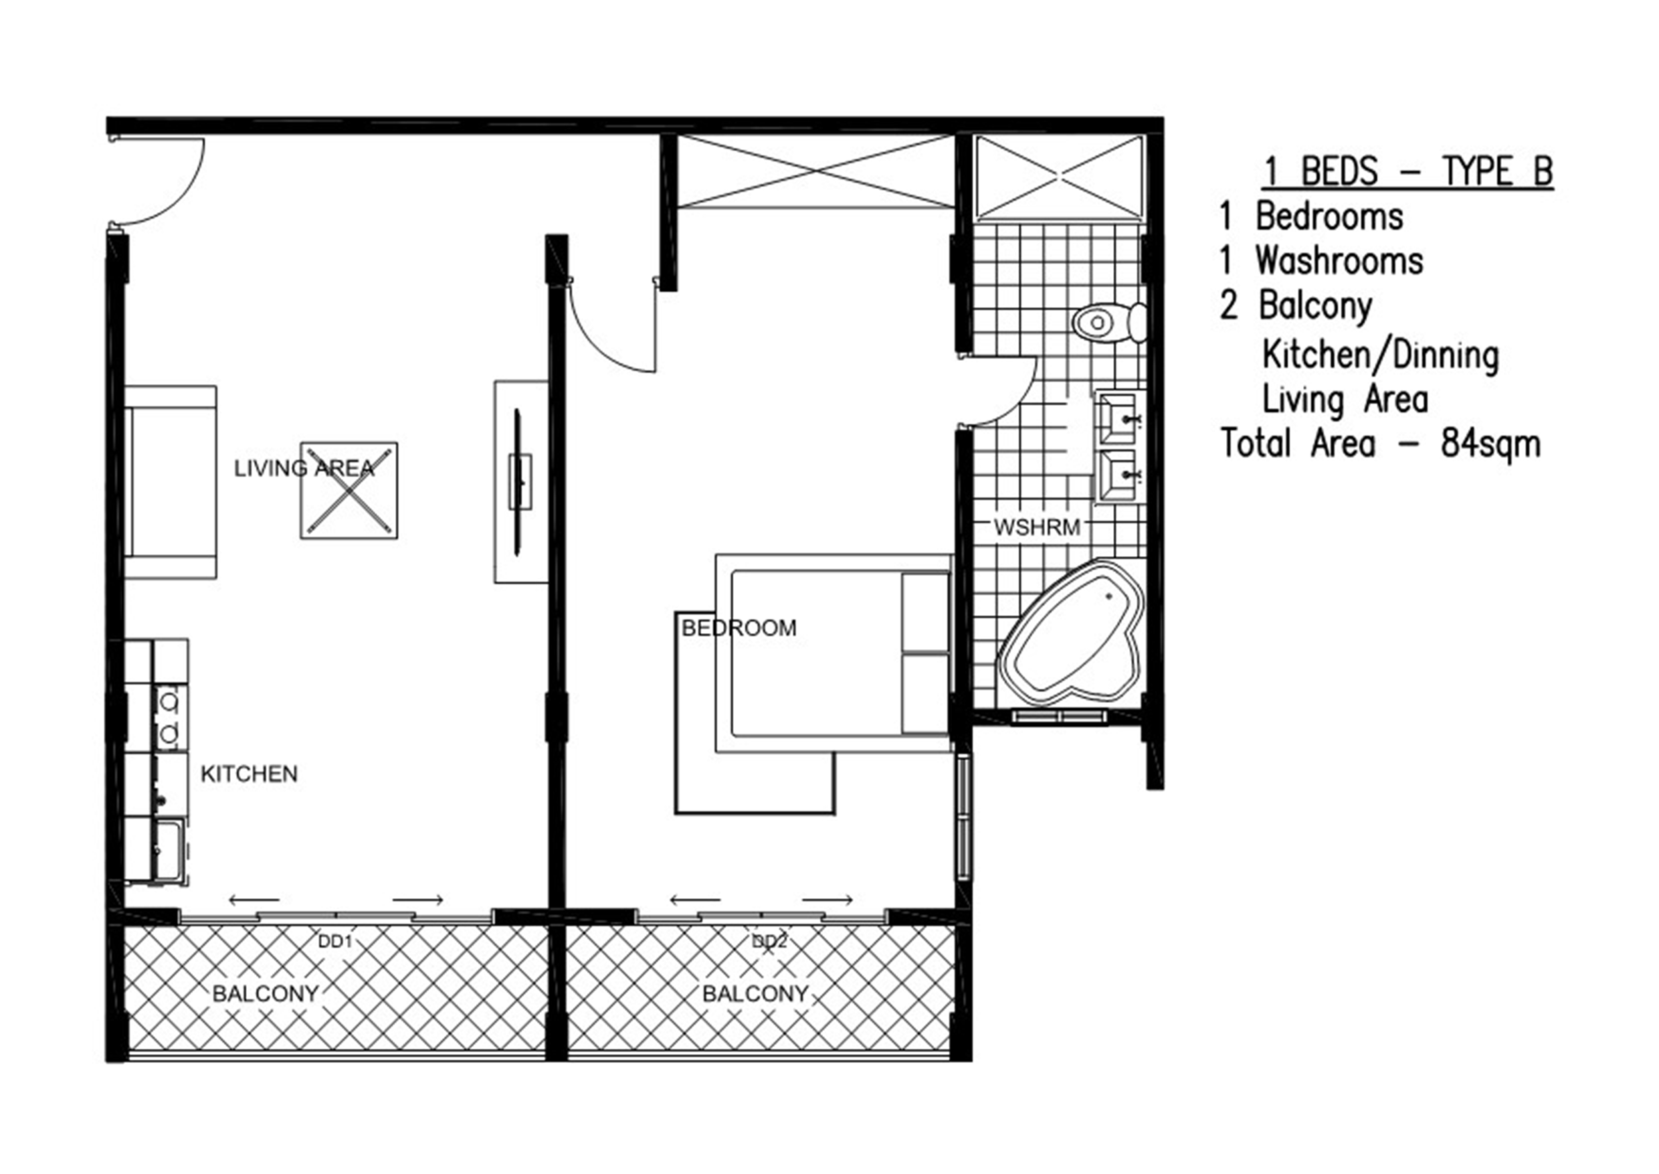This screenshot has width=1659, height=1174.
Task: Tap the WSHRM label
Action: click(x=1036, y=527)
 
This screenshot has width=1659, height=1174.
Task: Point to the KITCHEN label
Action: click(x=249, y=774)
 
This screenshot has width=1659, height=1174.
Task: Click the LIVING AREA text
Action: click(x=304, y=469)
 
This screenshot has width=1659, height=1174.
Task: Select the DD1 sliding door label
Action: click(x=334, y=942)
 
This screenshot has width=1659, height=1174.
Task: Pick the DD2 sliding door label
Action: click(x=769, y=942)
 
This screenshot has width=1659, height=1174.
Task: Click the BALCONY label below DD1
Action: click(x=265, y=994)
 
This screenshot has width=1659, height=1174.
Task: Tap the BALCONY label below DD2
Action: click(x=755, y=994)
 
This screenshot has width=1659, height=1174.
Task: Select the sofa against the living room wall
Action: click(x=171, y=482)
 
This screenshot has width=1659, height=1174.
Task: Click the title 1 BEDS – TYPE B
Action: click(x=1407, y=172)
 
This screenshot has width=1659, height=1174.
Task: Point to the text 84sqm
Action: click(x=1490, y=444)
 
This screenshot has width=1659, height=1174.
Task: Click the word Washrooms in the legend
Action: click(x=1338, y=260)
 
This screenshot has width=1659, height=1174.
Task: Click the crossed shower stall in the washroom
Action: click(x=1058, y=178)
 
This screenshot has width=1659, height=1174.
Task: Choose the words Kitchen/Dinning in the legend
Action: click(x=1380, y=355)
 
